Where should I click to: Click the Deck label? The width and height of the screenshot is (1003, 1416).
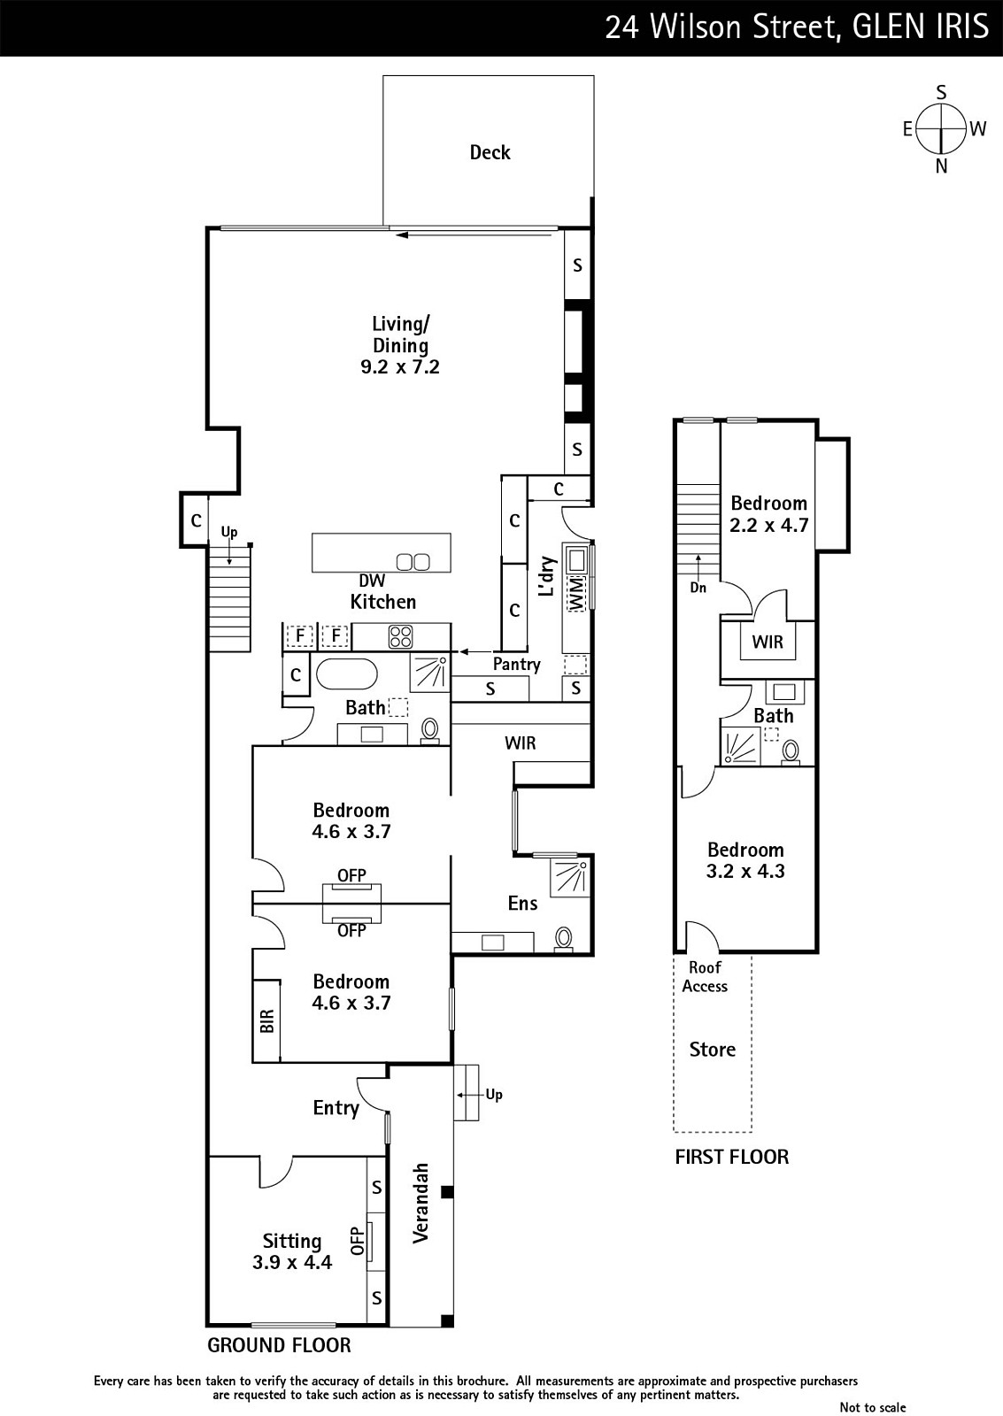tap(490, 152)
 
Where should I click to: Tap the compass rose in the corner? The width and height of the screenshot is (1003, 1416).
tap(942, 129)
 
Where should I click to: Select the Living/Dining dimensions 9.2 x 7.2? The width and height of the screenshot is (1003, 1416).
tap(399, 366)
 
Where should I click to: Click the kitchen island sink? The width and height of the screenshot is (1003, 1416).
tap(413, 561)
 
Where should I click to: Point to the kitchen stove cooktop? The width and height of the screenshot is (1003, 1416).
tap(400, 636)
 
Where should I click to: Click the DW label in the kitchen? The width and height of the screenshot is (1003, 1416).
tap(372, 581)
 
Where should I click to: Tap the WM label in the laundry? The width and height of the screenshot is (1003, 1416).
tap(576, 594)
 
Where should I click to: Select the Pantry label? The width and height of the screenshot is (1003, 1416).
tap(517, 665)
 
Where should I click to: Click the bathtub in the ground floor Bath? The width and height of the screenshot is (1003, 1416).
tap(346, 675)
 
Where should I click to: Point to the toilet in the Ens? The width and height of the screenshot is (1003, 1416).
tap(564, 938)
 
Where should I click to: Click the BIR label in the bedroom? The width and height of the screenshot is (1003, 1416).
tap(266, 1021)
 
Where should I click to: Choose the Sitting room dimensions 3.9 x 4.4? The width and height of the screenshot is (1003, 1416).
tap(292, 1262)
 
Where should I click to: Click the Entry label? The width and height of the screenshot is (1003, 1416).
tap(336, 1108)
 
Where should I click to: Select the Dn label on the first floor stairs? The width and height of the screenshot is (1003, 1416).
tap(698, 588)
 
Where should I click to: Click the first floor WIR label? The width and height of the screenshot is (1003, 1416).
tap(768, 643)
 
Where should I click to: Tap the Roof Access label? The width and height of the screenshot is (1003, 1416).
tap(705, 977)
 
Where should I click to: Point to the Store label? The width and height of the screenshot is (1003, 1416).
tap(713, 1050)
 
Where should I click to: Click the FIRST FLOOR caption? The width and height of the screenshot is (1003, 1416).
tap(732, 1157)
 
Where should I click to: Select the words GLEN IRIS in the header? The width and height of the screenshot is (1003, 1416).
tap(920, 27)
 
